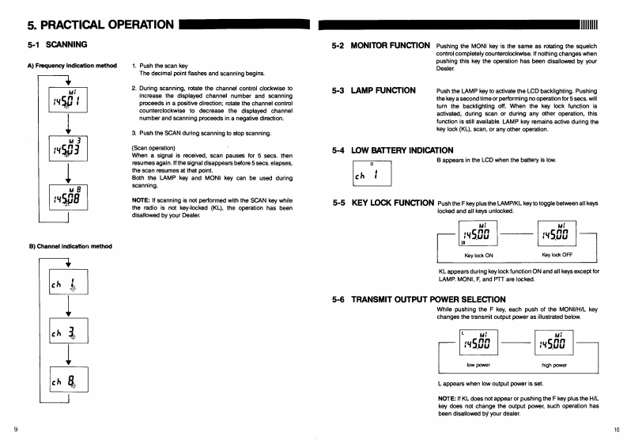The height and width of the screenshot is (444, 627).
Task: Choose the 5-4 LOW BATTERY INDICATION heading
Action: (x=394, y=150)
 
